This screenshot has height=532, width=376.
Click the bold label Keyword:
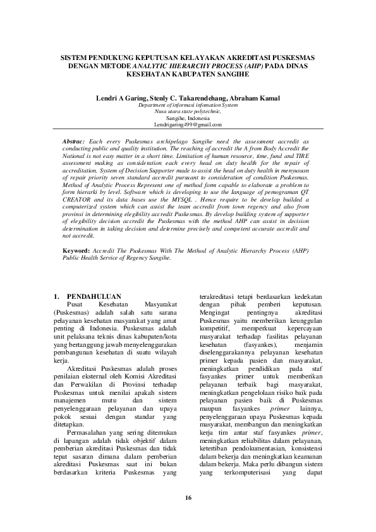(77, 250)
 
